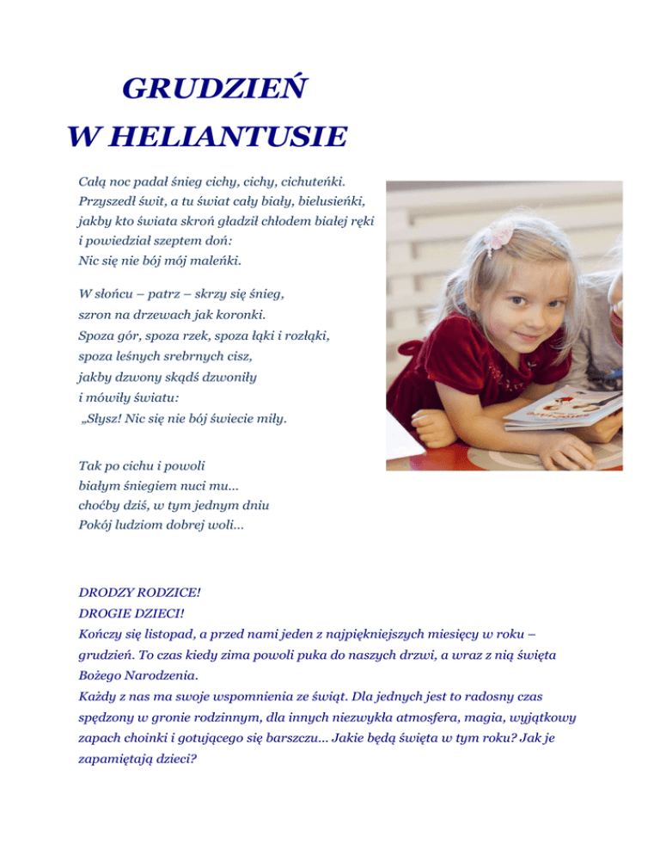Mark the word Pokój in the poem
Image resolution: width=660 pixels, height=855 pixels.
pos(97,522)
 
